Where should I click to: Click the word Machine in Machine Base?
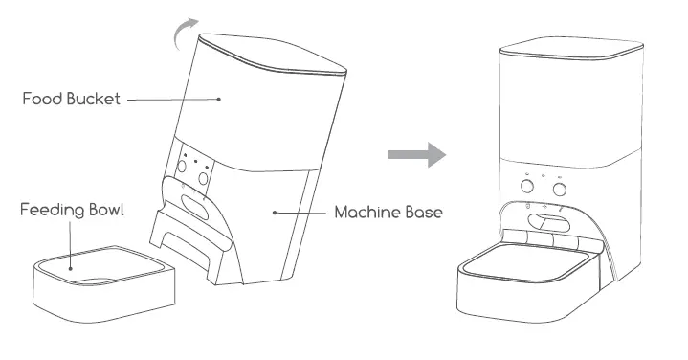coord(366,212)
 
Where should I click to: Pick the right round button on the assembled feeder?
coord(560,186)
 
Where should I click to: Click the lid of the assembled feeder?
coord(568,49)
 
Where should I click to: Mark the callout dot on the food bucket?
coord(218,99)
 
